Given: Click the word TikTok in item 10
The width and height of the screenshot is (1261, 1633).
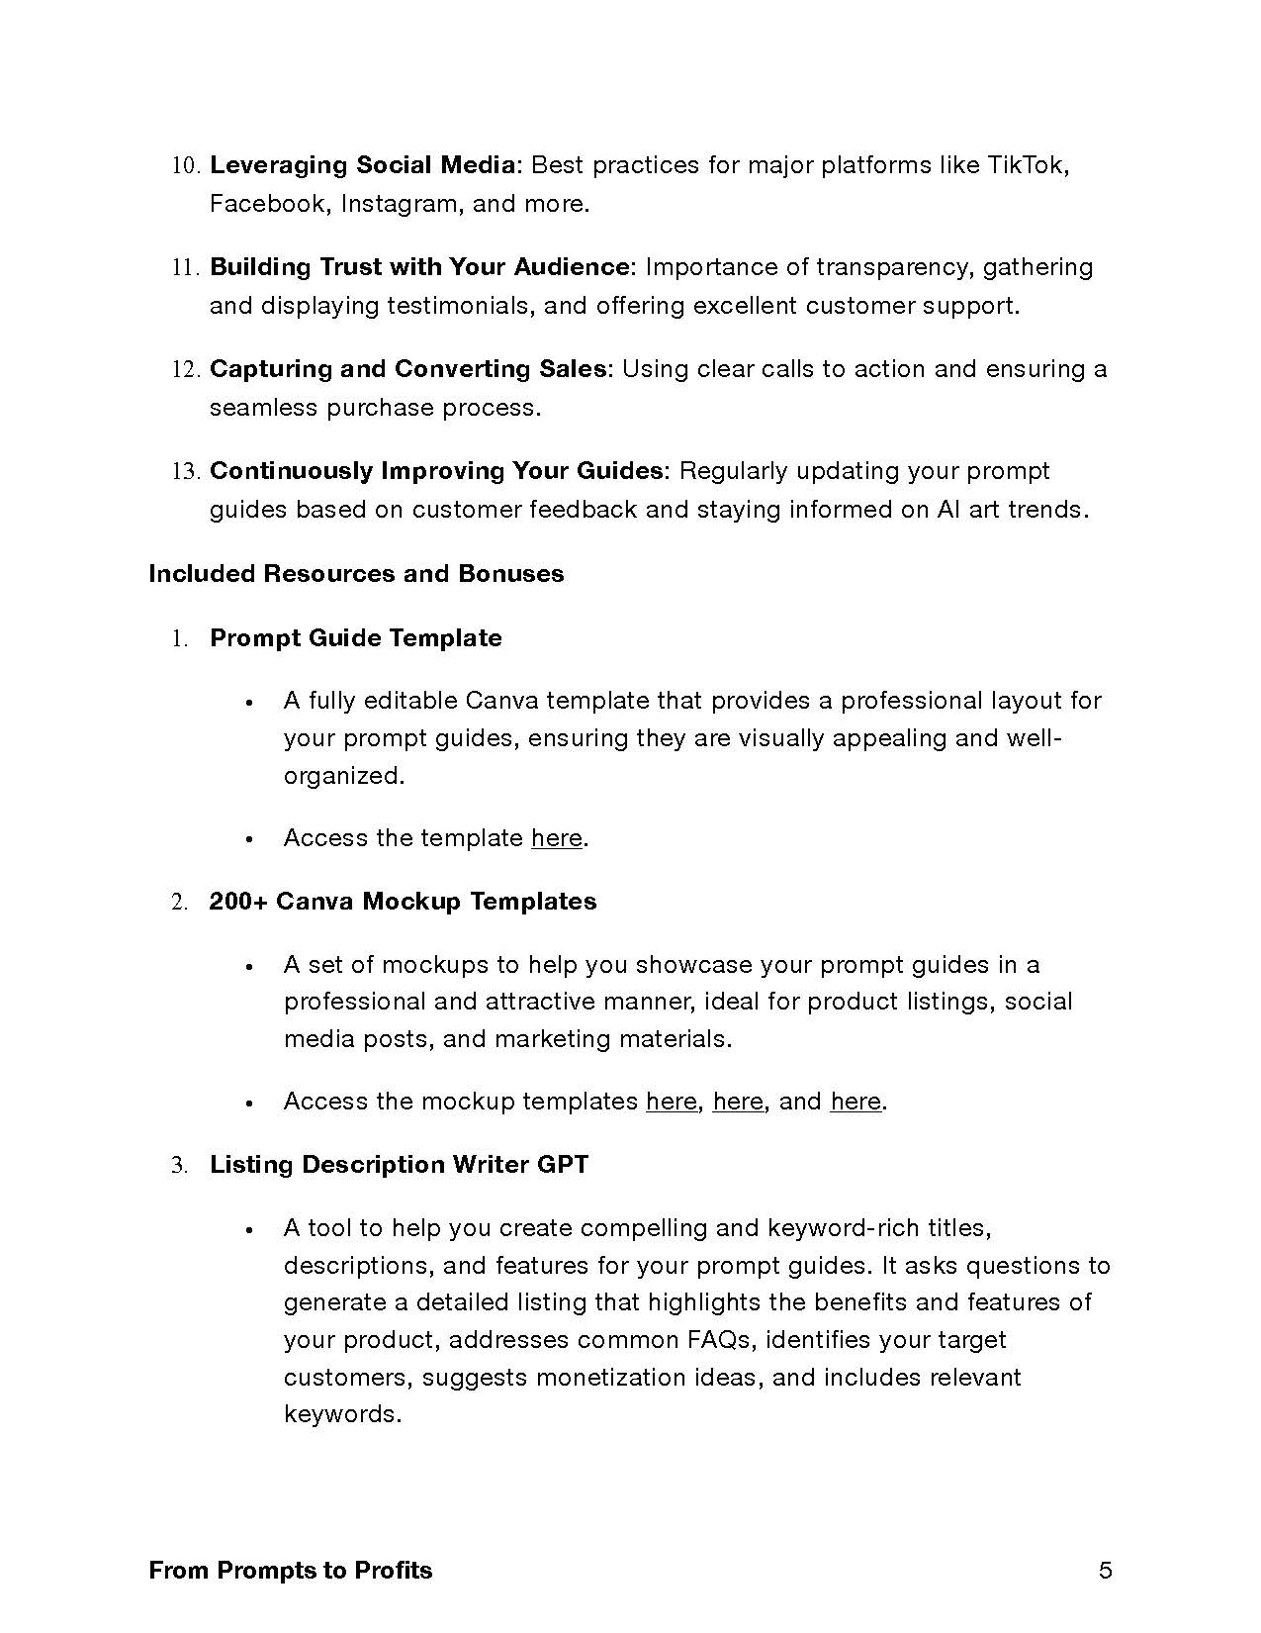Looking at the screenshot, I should click(x=1027, y=165).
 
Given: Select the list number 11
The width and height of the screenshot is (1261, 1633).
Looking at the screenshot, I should click(x=186, y=268).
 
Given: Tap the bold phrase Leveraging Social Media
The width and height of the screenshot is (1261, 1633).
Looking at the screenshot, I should click(x=362, y=165).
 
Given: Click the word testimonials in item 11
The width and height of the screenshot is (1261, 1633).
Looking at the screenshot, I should click(x=457, y=306).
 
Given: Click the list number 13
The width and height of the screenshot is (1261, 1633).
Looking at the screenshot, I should click(x=186, y=472).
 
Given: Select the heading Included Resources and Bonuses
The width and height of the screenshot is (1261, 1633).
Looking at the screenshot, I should click(x=356, y=574).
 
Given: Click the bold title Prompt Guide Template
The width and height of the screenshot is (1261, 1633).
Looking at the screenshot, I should click(x=356, y=638).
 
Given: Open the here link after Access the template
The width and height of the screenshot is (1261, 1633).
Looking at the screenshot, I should click(x=557, y=838).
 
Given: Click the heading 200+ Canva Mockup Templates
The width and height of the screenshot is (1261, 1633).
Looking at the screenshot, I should click(x=403, y=902).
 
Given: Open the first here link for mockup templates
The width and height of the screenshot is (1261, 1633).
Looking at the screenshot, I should click(x=672, y=1102).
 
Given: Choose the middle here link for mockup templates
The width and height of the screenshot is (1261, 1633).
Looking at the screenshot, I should click(x=738, y=1102).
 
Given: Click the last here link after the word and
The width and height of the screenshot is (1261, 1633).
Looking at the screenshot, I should click(x=856, y=1102).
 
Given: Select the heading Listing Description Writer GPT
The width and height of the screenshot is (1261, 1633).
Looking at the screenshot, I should click(x=399, y=1165).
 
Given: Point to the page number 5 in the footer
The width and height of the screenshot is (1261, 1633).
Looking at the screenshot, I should click(x=1106, y=1571).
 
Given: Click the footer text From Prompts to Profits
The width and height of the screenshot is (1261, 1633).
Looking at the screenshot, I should click(x=291, y=1571).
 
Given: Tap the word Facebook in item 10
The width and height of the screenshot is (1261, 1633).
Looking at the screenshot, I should click(x=267, y=204).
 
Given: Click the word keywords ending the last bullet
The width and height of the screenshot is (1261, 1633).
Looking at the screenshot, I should click(x=340, y=1414).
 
